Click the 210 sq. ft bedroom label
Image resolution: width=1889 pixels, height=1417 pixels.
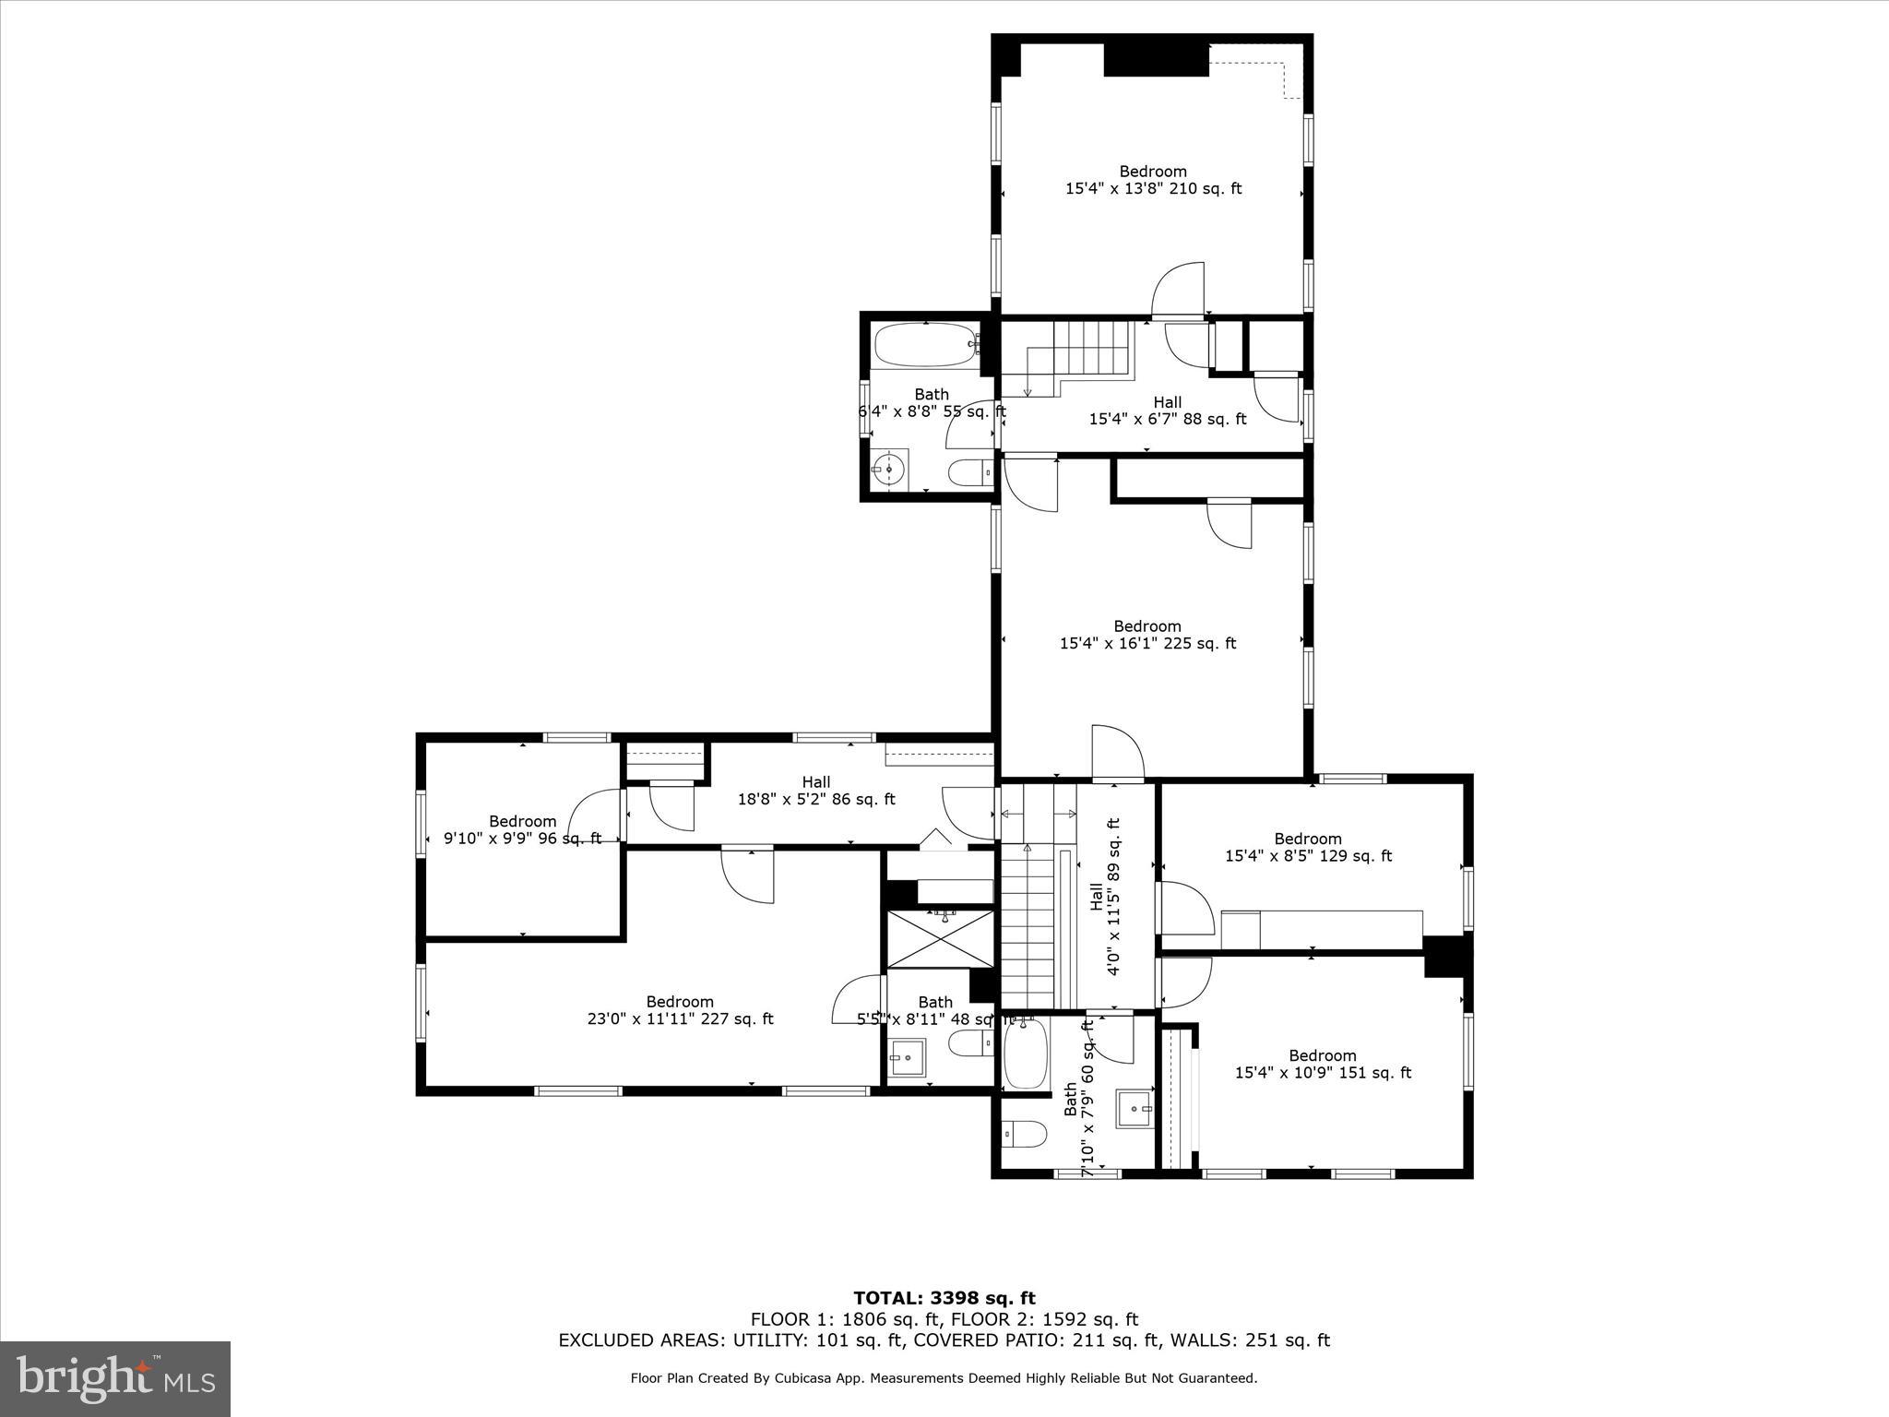pos(1153,180)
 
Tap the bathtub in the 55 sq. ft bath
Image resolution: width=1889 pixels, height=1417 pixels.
pos(925,346)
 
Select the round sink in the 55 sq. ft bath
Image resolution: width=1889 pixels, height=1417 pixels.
pos(890,469)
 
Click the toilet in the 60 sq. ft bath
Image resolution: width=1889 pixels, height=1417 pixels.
pos(1024,1133)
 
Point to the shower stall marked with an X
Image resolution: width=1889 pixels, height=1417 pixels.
pos(941,939)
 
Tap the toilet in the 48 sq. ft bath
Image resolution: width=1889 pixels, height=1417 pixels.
pos(968,1044)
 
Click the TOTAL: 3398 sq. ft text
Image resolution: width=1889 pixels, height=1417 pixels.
pos(944,1298)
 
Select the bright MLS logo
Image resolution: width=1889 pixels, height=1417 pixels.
pos(115,1378)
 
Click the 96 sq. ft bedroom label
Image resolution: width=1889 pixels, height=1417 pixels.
pos(522,829)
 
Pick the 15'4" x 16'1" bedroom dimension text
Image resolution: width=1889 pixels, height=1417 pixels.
pos(1147,643)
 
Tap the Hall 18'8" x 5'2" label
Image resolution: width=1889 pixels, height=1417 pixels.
pos(815,791)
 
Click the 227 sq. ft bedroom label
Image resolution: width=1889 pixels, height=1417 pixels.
pos(680,1010)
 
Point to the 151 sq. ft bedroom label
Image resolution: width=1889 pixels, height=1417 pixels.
pos(1323,1064)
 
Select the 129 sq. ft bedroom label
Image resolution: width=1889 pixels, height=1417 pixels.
pos(1308,847)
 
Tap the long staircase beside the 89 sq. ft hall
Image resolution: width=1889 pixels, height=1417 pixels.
pos(1028,927)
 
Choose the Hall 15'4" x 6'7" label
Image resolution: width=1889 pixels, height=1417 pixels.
pos(1167,411)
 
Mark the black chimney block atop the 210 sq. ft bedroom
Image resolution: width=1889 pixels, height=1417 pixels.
pos(1156,59)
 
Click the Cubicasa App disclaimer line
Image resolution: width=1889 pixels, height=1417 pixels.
pos(944,1378)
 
